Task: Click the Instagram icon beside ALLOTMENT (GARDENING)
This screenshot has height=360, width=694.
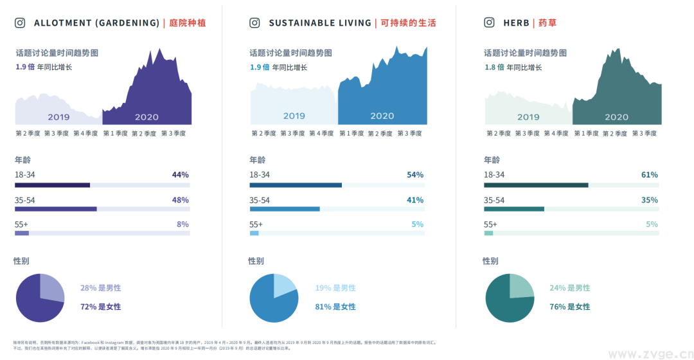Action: pyautogui.click(x=20, y=23)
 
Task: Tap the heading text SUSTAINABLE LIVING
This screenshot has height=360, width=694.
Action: pyautogui.click(x=320, y=23)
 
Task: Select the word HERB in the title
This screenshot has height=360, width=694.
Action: pyautogui.click(x=516, y=23)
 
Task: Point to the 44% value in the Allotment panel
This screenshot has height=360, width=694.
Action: pyautogui.click(x=180, y=175)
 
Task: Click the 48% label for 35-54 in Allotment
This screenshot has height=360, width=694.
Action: pyautogui.click(x=180, y=200)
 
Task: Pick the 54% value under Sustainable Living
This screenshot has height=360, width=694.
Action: pyautogui.click(x=415, y=175)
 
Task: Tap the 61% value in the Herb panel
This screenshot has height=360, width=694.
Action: pyautogui.click(x=650, y=175)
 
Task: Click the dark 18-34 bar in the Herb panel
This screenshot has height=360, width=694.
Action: pyautogui.click(x=536, y=185)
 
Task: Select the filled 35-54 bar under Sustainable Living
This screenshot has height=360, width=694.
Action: pyautogui.click(x=285, y=209)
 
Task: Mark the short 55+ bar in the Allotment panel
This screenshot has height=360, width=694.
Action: pyautogui.click(x=22, y=233)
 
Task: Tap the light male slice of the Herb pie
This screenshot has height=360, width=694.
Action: pyautogui.click(x=520, y=286)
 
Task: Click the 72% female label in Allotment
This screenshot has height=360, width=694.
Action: pyautogui.click(x=100, y=307)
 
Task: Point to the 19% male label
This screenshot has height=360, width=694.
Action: pyautogui.click(x=335, y=288)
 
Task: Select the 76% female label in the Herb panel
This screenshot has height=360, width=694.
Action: pyautogui.click(x=569, y=307)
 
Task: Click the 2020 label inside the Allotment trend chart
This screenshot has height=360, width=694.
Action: pyautogui.click(x=147, y=117)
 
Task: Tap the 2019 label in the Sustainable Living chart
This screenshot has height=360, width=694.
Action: pyautogui.click(x=294, y=116)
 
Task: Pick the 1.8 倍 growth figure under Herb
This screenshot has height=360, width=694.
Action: pyautogui.click(x=494, y=67)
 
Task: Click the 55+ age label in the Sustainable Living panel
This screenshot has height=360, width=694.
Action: pyautogui.click(x=256, y=224)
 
